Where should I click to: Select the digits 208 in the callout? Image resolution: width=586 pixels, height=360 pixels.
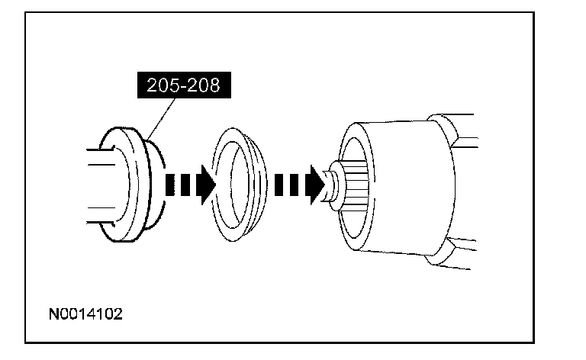click(x=204, y=85)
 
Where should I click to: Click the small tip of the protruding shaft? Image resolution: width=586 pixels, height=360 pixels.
click(x=330, y=185)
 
